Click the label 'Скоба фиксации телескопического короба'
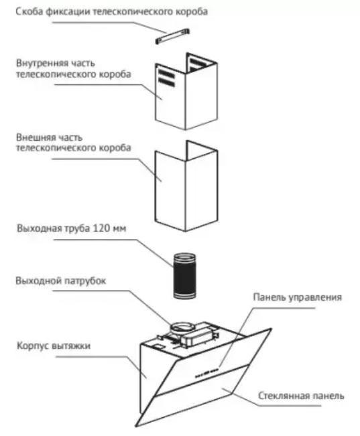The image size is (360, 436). (x=111, y=12)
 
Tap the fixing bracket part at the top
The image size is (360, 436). (x=172, y=36)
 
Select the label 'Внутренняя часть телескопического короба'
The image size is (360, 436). (x=74, y=69)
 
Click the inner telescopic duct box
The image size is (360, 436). (x=186, y=91)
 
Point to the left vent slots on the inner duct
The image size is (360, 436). (x=166, y=78)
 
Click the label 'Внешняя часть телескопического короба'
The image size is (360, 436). (x=74, y=143)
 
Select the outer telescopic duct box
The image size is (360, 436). (x=186, y=186)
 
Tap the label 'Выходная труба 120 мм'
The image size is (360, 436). (x=71, y=228)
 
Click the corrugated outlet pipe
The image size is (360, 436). (x=184, y=276)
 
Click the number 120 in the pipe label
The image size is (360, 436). (x=101, y=228)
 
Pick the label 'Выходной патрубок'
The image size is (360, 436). (x=61, y=281)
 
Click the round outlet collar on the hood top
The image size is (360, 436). (x=182, y=328)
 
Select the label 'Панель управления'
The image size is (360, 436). (x=298, y=297)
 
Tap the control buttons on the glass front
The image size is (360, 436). (x=206, y=373)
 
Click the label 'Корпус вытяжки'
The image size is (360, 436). (x=54, y=346)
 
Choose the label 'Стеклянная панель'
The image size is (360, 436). (x=301, y=396)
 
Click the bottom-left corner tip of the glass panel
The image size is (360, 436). (x=136, y=426)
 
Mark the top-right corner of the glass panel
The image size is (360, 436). (x=271, y=329)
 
